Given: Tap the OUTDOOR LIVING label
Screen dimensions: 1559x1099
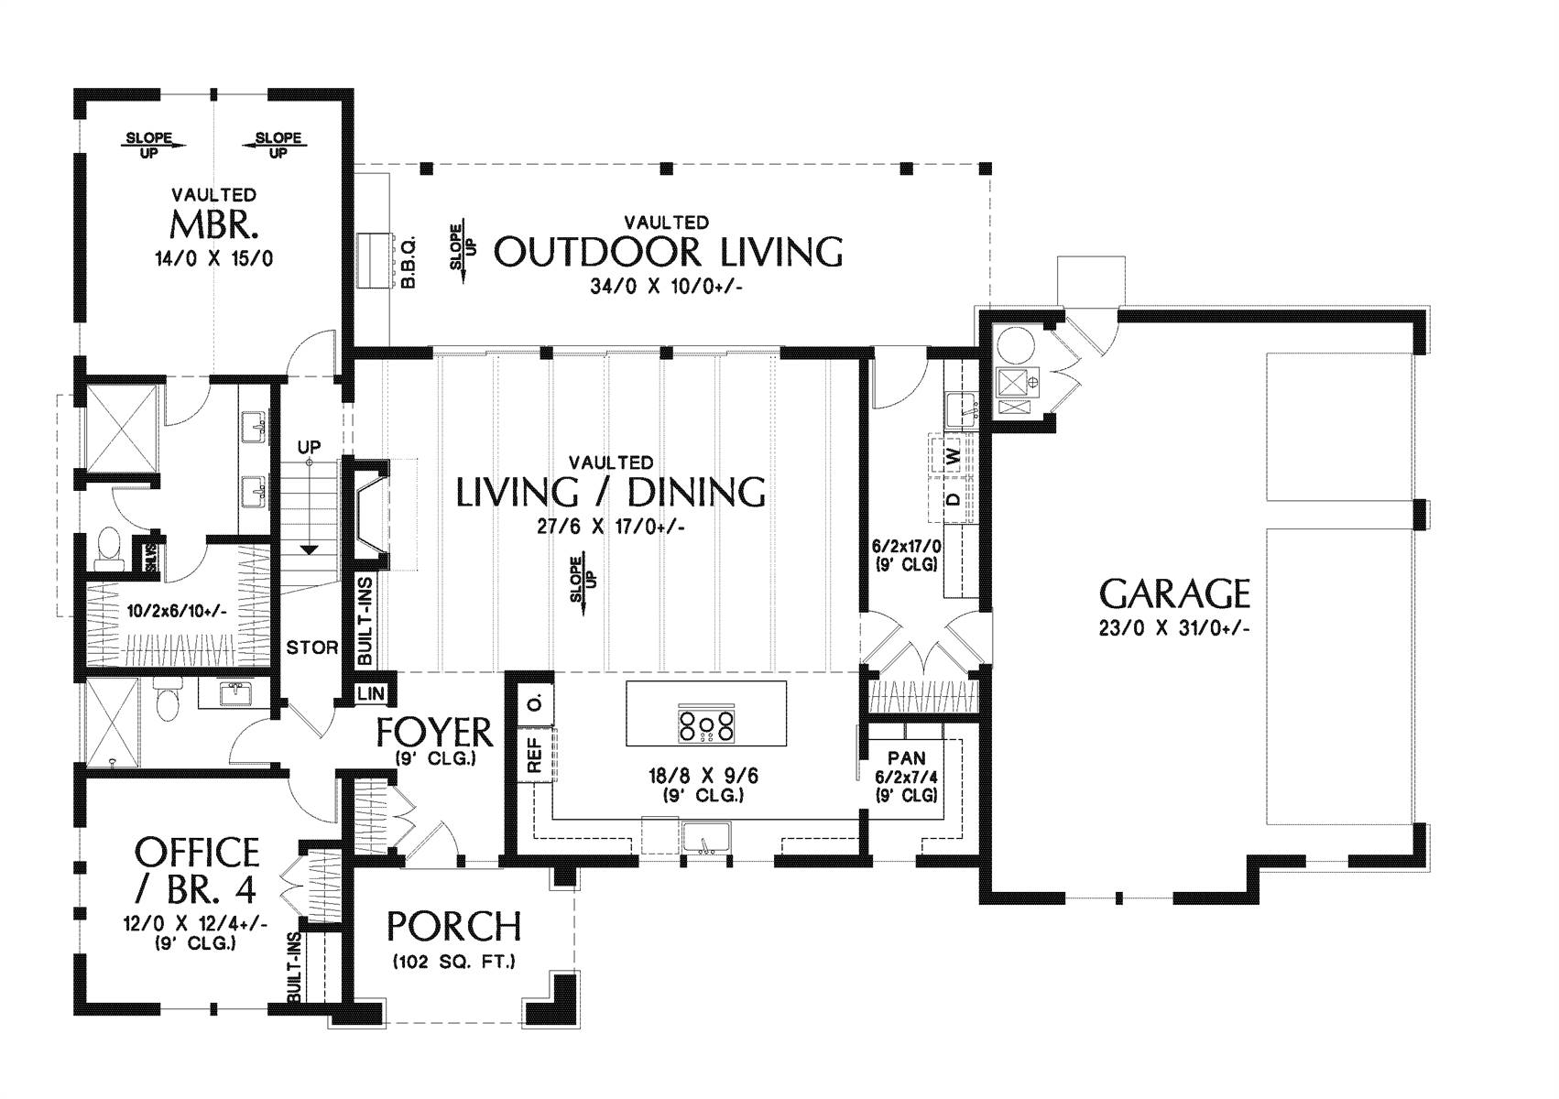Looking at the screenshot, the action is [668, 252].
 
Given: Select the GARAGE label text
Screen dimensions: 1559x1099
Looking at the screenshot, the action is [1174, 594].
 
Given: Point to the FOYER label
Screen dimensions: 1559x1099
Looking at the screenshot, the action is [434, 732].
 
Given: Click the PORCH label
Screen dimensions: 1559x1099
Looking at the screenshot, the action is [453, 927].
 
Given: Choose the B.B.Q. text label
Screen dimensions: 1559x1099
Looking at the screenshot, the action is [409, 262].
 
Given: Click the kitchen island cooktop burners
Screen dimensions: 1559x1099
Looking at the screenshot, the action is [705, 725].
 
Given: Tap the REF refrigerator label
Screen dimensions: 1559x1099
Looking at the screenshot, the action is [535, 756].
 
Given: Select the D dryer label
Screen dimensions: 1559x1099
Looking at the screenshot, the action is [954, 499].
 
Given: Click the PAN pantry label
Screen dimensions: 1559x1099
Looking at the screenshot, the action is [907, 758].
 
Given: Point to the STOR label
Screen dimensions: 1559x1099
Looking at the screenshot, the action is [312, 648].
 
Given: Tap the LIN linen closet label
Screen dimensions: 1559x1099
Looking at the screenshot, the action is [371, 694].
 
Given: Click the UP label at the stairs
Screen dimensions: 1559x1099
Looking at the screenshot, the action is [309, 447].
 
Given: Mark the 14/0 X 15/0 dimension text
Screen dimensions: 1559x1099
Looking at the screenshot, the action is [214, 259].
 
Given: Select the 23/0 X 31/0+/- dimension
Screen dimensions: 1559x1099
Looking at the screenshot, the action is [1174, 628].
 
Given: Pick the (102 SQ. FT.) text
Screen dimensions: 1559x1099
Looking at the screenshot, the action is [453, 963].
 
